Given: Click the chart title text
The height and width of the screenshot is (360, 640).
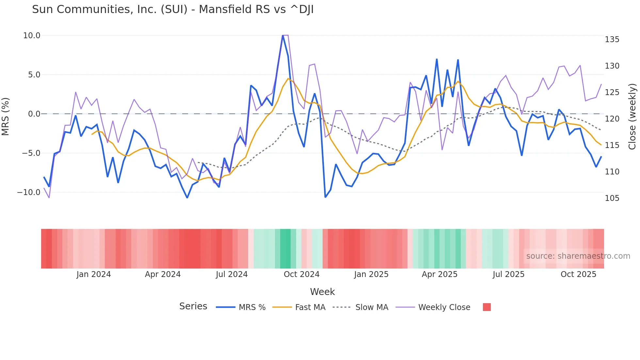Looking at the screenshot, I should tap(173, 9).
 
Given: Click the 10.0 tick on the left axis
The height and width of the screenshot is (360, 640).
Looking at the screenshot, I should tap(32, 36).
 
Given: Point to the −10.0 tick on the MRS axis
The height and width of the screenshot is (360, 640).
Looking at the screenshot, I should tap(29, 192).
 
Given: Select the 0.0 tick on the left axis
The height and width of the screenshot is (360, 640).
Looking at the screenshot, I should tap(34, 114).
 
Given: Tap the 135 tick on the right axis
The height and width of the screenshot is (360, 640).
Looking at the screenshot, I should tap(612, 40).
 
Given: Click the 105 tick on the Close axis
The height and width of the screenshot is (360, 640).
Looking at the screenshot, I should tap(612, 198).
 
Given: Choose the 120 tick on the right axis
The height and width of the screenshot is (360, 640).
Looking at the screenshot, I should tap(612, 119).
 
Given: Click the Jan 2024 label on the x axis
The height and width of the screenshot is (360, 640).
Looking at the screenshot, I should tap(94, 274).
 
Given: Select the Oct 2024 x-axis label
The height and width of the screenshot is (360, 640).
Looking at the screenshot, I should tap(301, 274).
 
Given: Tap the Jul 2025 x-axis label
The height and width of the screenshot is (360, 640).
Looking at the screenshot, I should tap(508, 274).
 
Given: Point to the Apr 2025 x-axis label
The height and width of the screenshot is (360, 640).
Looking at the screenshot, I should tap(440, 274).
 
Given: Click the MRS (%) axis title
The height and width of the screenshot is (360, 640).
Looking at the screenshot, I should tap(6, 116).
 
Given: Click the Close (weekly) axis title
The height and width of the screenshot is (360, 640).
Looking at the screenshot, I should tap(632, 117).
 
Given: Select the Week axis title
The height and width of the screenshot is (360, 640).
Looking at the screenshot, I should tap(322, 292).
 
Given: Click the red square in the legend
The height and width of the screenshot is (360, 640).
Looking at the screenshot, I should tap(487, 307).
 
